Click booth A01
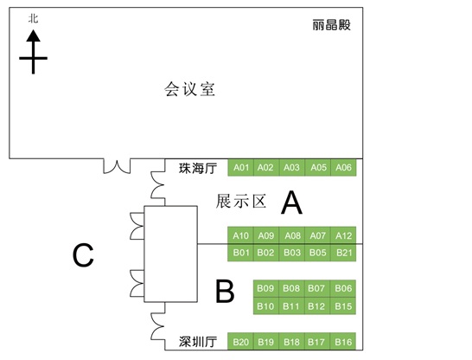(x=240, y=168)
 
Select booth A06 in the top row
(x=343, y=168)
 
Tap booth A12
(x=343, y=235)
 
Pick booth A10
(x=240, y=235)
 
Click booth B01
(x=240, y=253)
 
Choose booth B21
(x=343, y=253)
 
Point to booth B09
(x=266, y=288)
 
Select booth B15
(x=343, y=306)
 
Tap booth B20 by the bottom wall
(x=240, y=341)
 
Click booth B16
(x=343, y=341)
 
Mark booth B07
(x=317, y=288)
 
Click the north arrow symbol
(x=33, y=52)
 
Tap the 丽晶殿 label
(x=331, y=25)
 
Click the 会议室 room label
(x=189, y=89)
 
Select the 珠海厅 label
(x=198, y=168)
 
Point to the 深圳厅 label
(x=198, y=342)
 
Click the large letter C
(x=83, y=255)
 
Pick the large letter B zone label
(x=225, y=291)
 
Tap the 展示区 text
(x=241, y=202)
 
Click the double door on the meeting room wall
(x=117, y=166)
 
